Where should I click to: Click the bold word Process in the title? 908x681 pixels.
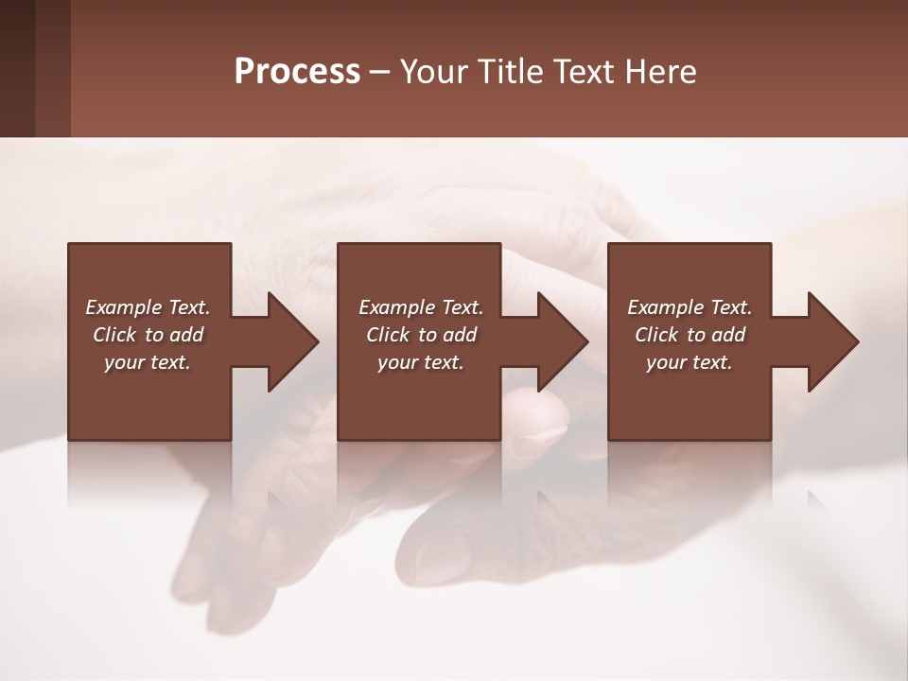297,72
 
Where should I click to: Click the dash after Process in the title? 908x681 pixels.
380,73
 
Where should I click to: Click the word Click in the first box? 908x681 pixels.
115,335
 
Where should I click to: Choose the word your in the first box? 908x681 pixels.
123,362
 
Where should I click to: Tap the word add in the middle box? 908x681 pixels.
460,335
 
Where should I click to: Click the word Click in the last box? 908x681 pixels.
657,335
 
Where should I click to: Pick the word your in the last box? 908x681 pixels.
665,362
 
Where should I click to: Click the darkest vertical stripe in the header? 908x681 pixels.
17,68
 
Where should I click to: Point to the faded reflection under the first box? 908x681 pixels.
149,473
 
